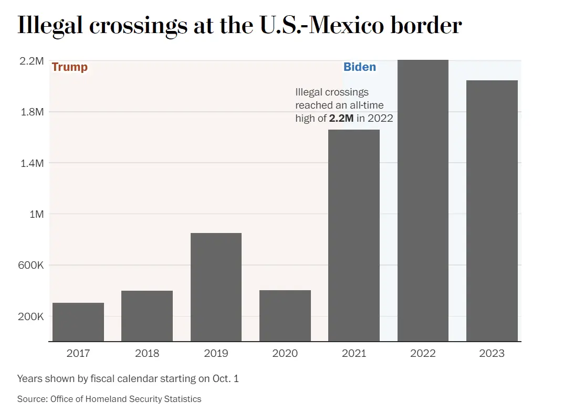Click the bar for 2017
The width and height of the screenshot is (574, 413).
point(78,322)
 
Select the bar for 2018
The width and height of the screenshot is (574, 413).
point(147,316)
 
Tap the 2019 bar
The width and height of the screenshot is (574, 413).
point(216,287)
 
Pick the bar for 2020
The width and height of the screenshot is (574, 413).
point(285,315)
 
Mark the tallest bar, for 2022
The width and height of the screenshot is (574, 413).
point(423,200)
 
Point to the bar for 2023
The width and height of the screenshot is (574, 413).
point(492,210)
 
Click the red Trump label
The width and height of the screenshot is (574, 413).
point(70,67)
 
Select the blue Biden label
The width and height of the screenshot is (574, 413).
point(360,67)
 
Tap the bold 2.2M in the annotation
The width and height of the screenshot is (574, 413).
point(341,118)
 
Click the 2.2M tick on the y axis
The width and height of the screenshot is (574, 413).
point(31,61)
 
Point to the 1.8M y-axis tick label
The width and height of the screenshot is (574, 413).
point(31,112)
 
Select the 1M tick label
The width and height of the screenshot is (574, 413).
point(36,214)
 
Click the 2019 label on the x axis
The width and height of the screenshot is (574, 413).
point(216,353)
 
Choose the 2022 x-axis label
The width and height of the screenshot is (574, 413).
point(423,353)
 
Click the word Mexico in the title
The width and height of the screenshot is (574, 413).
point(347,25)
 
